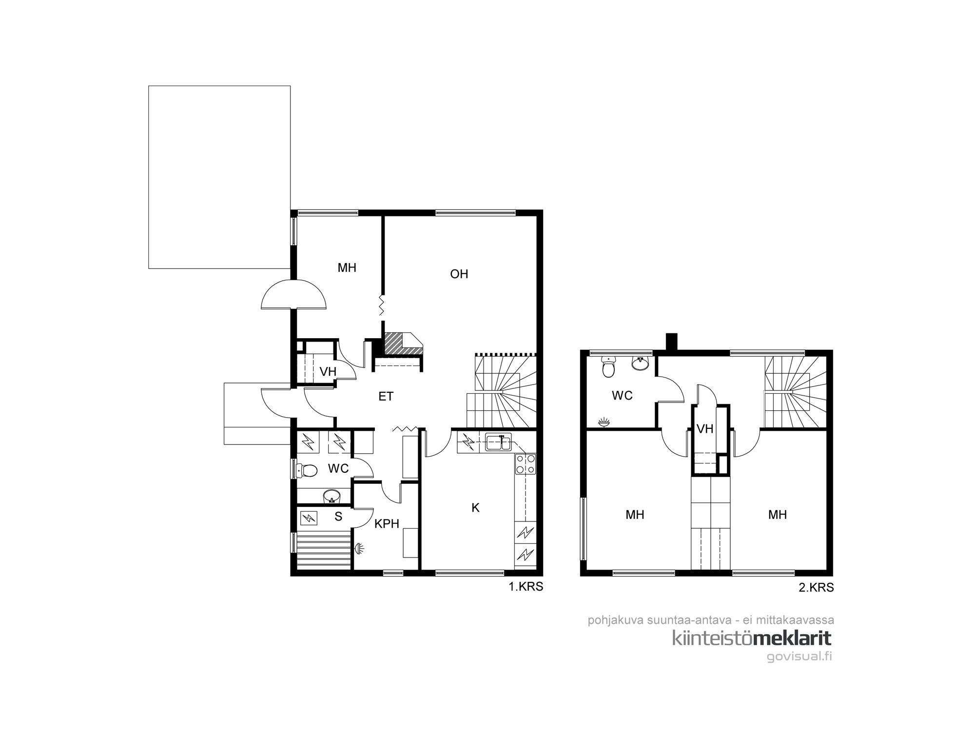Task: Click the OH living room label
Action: point(459,274)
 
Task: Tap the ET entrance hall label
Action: point(386,397)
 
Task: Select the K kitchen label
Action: point(475,508)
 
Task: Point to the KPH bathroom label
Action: point(387,524)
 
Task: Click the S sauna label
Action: point(338,517)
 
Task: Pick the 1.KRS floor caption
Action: point(526,587)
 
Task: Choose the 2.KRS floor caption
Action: point(816,588)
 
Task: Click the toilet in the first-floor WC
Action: point(306,470)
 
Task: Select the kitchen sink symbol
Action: point(498,443)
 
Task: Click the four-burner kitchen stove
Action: point(526,463)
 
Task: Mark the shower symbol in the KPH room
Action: point(360,548)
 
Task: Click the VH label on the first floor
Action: point(328,372)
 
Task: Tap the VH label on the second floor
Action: point(705,429)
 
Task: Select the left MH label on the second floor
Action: point(635,515)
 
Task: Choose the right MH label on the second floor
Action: point(777,515)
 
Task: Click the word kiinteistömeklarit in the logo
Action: point(752,638)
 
